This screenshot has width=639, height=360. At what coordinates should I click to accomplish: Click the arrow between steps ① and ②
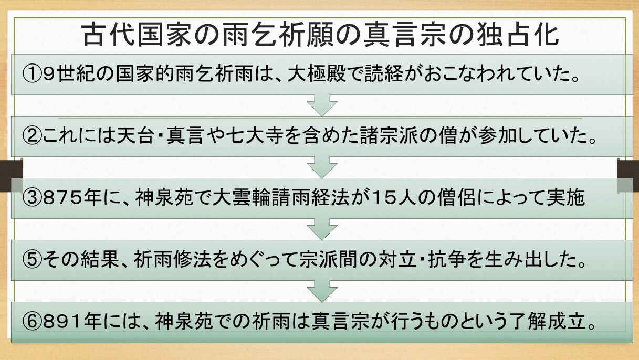click(x=321, y=105)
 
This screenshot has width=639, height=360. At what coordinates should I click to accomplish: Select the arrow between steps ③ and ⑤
click(x=321, y=229)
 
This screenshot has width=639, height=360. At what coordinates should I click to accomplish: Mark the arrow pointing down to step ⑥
click(x=321, y=290)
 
